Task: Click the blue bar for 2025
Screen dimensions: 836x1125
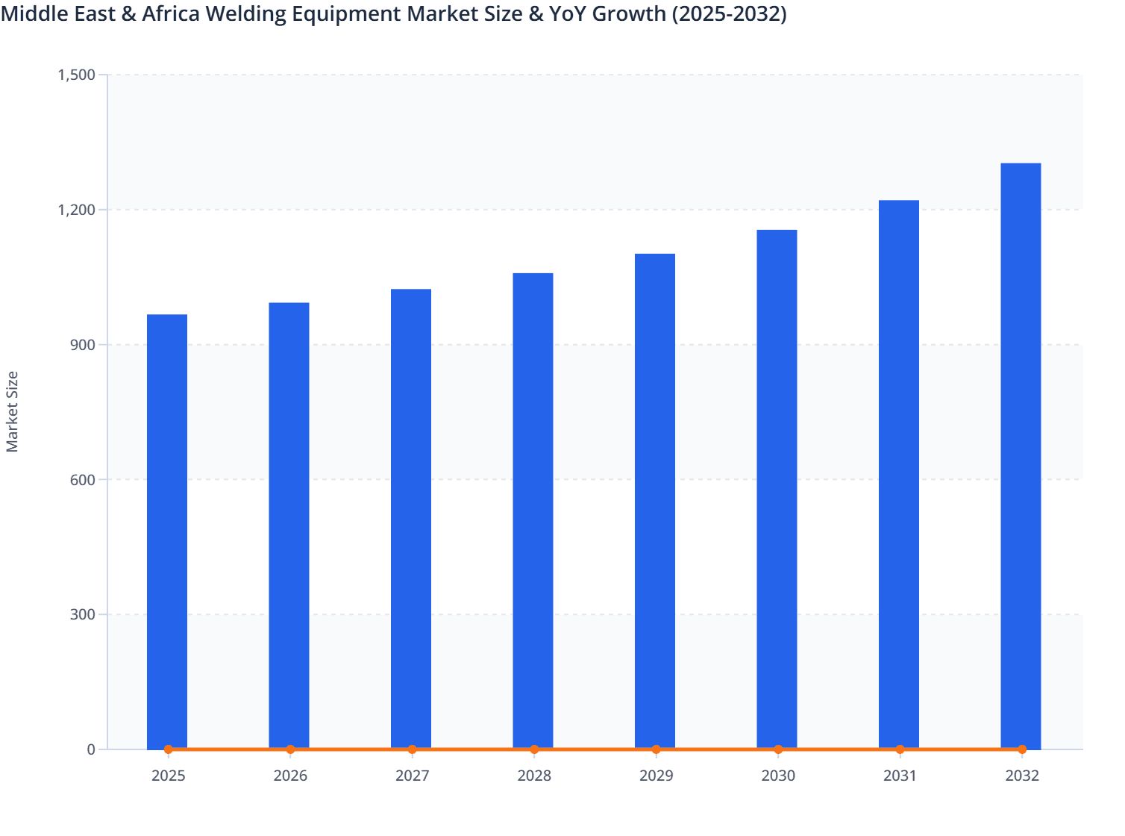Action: (x=167, y=531)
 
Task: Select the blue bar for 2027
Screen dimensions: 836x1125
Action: (x=411, y=519)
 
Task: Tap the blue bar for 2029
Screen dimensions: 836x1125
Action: (x=655, y=501)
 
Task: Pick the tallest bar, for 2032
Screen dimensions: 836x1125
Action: (x=1021, y=455)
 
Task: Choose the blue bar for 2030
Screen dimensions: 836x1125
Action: (x=777, y=489)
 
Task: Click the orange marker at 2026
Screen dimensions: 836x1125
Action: (x=290, y=749)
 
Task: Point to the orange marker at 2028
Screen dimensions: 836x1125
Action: (x=534, y=749)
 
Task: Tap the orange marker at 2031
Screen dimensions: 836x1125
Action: (x=900, y=749)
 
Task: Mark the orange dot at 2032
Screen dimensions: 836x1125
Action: (x=1022, y=749)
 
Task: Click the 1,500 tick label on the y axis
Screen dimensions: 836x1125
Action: (x=76, y=75)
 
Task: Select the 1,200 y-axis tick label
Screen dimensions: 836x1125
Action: (x=76, y=210)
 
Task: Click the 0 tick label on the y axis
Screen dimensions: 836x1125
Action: (x=91, y=749)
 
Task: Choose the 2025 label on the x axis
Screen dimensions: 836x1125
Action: (x=169, y=776)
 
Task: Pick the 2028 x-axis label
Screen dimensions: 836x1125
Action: (x=534, y=776)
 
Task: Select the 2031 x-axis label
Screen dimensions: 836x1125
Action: (x=900, y=776)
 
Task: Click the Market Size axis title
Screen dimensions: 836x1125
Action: (x=12, y=411)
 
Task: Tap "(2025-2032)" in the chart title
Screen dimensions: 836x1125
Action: (x=729, y=13)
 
